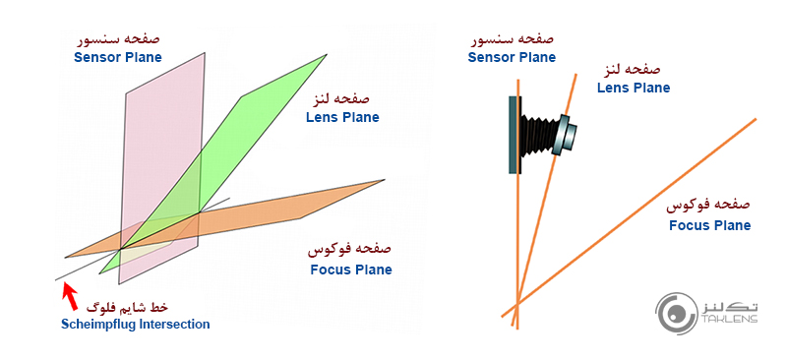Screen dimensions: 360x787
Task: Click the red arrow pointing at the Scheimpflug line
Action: coord(70,294)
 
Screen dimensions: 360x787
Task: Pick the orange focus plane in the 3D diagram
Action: coord(315,202)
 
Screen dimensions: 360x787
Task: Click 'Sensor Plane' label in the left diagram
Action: coord(118,57)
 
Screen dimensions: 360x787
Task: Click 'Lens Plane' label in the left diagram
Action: coord(341,117)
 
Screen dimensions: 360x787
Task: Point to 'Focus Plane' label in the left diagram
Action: coord(350,270)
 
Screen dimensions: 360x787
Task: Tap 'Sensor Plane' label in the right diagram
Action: coord(512,57)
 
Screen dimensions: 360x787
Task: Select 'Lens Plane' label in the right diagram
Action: coord(634,88)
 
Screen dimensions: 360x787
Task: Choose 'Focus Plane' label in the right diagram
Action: coord(709,225)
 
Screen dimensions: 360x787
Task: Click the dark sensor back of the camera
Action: coord(515,135)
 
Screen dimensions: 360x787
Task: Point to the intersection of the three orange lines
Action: coord(516,302)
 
